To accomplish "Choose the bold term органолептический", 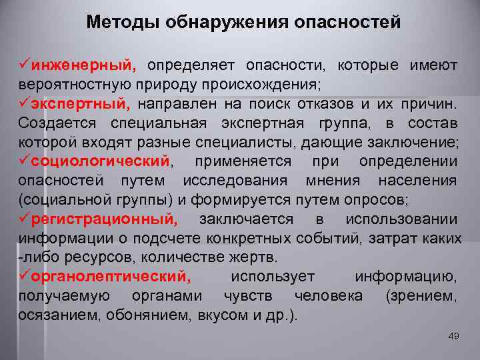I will [x=110, y=277].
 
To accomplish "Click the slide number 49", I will [x=454, y=335].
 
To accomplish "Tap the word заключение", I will [x=412, y=143].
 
